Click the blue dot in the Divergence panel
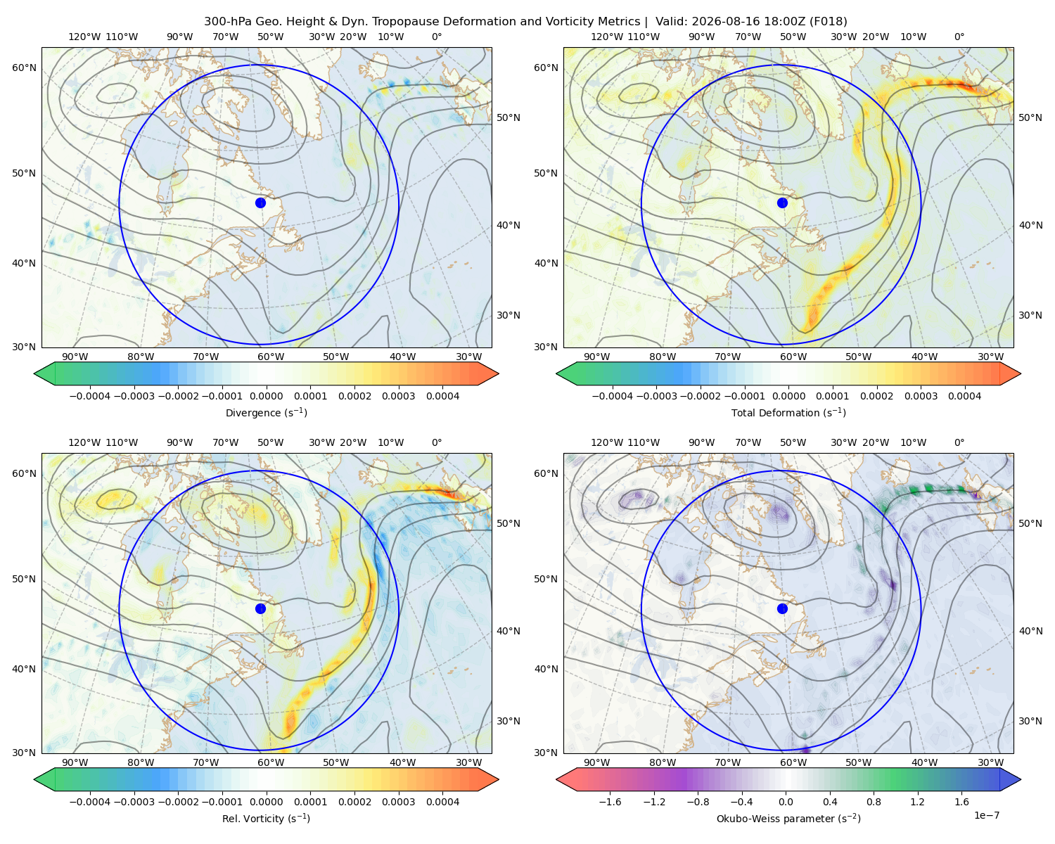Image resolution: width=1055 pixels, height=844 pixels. coord(260,203)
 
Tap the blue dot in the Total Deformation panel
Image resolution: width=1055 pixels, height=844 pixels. coord(782,203)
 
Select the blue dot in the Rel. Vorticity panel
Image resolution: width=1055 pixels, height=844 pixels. coord(260,608)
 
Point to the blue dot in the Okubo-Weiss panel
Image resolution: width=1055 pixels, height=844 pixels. coord(782,608)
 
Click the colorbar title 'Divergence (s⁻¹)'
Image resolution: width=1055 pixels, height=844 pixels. coord(266,413)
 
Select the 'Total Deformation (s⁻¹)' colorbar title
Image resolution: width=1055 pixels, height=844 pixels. coord(788,413)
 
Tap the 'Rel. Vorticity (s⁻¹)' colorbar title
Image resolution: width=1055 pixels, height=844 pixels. coord(266,819)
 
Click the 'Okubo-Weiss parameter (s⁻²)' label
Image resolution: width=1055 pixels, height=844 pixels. coord(788,819)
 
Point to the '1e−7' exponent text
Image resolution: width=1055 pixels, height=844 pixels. coord(986,816)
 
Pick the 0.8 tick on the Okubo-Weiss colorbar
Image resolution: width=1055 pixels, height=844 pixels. coord(874,802)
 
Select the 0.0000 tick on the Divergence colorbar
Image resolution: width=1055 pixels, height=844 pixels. coord(266,396)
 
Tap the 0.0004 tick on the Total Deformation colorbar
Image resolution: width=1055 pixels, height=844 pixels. coord(964,396)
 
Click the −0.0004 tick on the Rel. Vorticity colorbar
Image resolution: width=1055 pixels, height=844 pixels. coord(90,802)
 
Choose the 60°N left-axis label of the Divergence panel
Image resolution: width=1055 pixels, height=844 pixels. coord(24,68)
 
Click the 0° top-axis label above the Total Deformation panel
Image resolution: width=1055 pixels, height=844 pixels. coord(959,37)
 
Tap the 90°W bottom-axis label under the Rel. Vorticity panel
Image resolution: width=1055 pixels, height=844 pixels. coord(75,762)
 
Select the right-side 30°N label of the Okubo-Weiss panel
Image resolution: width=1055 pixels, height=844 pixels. coord(1030,721)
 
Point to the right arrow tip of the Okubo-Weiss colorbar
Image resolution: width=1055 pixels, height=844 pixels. coord(1021,779)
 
